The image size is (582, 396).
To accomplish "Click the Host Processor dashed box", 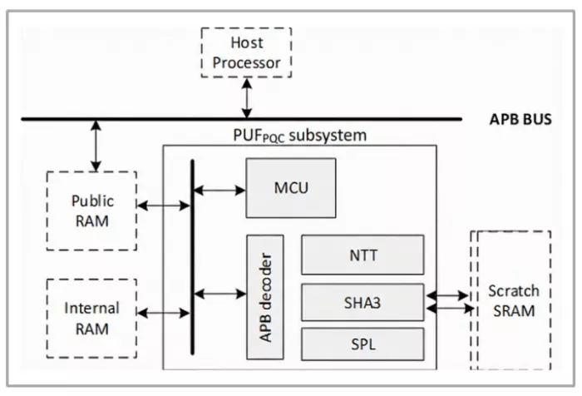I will pos(246,53).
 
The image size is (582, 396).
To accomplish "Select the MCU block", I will pos(291,187).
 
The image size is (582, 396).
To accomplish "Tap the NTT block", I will pos(363,255).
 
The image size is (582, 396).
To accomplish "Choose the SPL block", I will pos(363,344).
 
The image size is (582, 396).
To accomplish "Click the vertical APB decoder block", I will pos(265,296).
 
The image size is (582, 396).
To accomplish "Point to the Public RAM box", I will pos(91,210).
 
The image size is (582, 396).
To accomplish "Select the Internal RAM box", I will pos(91,319).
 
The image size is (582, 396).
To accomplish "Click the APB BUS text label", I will pos(520,120).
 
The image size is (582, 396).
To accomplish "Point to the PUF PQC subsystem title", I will pos(300,134).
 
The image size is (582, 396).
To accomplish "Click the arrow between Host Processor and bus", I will pos(246,99).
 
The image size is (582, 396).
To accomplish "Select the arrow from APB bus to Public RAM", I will pos(96,146).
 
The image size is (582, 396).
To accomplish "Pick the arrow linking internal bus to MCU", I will pos(219,191).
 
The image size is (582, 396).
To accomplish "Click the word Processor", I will pos(246,62).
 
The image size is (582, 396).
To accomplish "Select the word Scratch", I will pos(514,291).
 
